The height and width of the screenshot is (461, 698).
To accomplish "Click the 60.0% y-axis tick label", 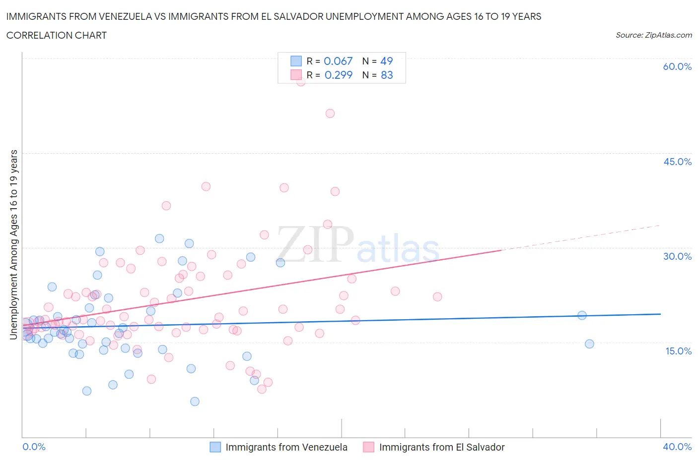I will pos(677,66).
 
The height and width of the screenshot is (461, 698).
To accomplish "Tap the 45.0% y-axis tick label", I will pos(677,162).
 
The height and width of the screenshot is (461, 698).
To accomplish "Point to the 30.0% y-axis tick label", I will pos(677,256).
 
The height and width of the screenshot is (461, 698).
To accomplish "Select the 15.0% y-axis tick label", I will pos(677,351).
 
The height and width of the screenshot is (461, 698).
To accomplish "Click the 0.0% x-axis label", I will pos(34,447).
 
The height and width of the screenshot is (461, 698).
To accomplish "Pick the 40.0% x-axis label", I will pos(677,447).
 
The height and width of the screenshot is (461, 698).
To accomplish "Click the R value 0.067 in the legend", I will pos(338,61).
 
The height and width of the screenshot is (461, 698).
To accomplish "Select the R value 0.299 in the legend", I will pos(338,75).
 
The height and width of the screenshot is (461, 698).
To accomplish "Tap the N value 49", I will pos(386,61).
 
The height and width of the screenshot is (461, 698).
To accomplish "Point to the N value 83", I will pos(386,75).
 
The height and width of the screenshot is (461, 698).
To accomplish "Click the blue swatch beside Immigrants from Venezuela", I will pos(215,447).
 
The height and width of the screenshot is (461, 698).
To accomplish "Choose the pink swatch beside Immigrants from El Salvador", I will pos(368,447).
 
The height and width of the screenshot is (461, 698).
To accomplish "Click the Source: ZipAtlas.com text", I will pos(653,35).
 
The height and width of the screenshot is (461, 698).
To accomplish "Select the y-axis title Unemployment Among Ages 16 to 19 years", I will pos(13,245).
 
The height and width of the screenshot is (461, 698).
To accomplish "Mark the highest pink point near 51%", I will pos(330,114).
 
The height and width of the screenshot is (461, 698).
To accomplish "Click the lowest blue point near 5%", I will pos(195,402).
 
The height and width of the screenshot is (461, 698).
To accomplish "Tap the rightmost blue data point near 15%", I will pos(589,344).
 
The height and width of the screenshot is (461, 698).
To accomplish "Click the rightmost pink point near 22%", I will pos(437,297).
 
